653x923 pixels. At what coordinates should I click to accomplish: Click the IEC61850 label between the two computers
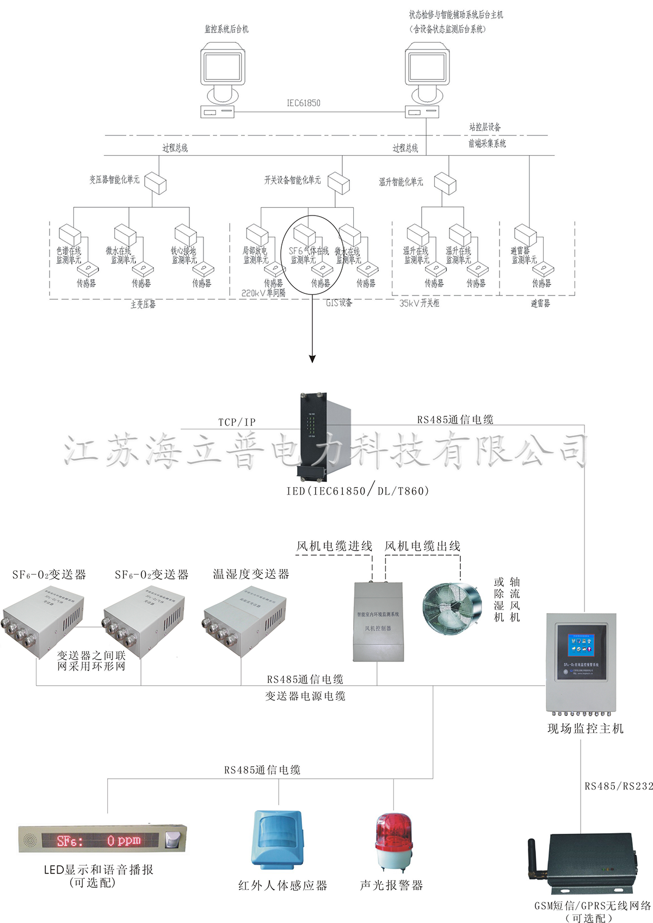pos(303,103)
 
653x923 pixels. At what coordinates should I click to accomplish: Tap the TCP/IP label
pos(237,422)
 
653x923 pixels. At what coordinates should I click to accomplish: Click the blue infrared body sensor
pos(278,839)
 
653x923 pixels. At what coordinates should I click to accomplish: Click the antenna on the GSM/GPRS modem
pos(533,857)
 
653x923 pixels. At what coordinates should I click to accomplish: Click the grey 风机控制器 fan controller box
pos(379,621)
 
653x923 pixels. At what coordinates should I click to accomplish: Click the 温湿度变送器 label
pos(251,574)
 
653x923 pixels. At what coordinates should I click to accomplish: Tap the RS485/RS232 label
pos(618,786)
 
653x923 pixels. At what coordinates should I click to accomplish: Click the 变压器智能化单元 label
pos(114,179)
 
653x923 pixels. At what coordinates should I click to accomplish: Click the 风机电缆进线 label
pos(334,546)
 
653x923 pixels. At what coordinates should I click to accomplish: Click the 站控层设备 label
pos(485,127)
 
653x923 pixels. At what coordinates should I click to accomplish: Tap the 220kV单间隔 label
pos(263,293)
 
